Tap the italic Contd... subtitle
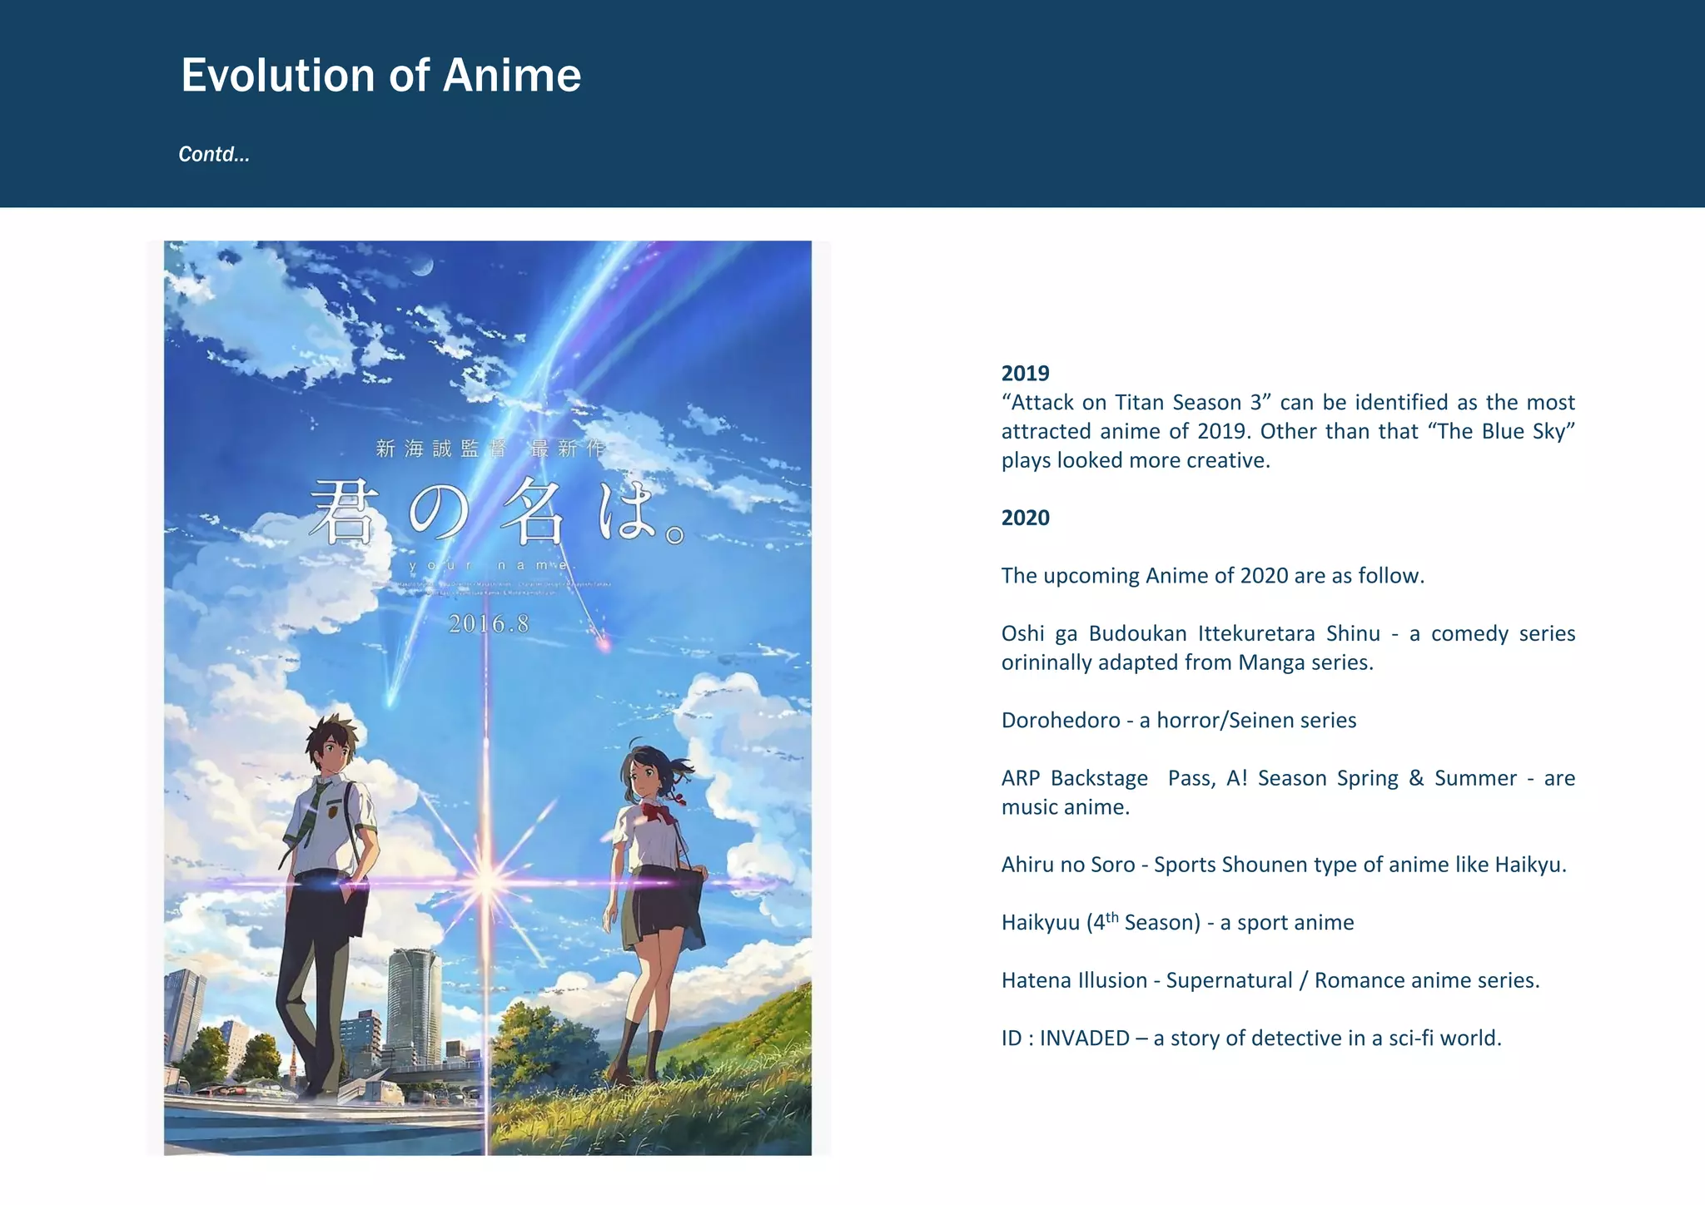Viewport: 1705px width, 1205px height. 214,155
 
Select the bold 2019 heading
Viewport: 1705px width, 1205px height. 1025,374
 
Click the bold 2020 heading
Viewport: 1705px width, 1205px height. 1025,518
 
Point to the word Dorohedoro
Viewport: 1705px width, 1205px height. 1060,721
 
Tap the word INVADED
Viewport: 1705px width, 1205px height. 1084,1039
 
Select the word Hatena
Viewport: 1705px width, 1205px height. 1034,981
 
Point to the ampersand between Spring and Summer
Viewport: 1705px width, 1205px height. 1416,779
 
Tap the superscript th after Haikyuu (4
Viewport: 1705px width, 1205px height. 1112,917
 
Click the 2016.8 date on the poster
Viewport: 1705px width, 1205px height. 489,624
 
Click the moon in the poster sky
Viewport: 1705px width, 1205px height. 424,266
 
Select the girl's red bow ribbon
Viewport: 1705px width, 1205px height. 658,811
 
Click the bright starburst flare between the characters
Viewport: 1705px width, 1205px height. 486,881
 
